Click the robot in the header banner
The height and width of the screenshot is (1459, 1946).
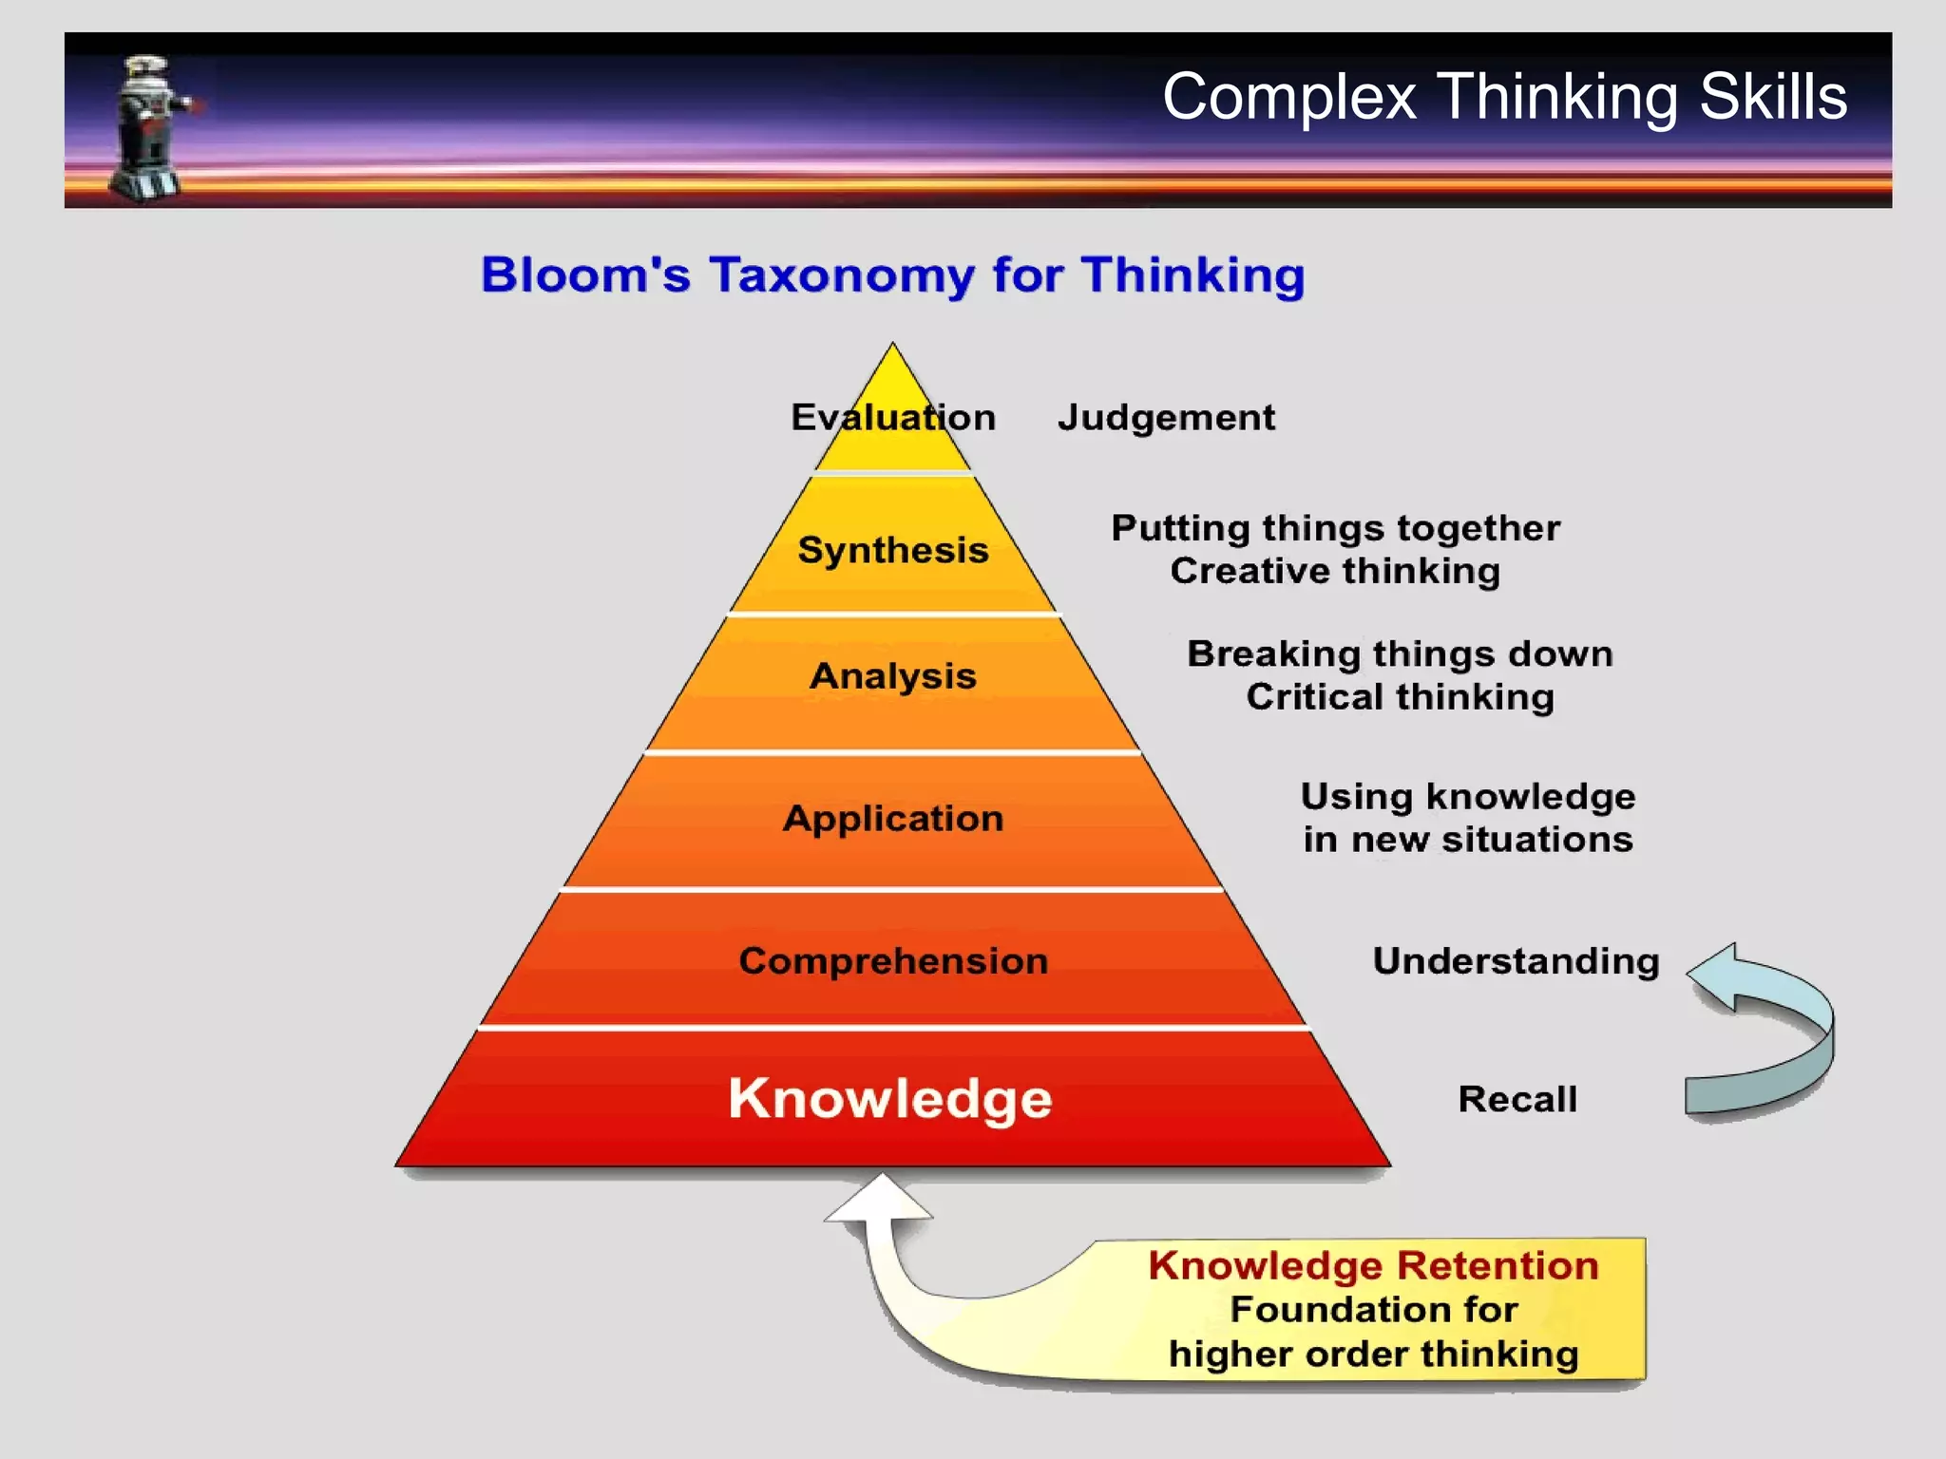coord(149,128)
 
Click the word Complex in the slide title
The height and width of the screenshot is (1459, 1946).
coord(1288,97)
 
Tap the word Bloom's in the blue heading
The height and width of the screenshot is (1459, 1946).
coord(585,275)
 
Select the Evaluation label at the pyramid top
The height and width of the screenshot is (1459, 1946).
coord(892,418)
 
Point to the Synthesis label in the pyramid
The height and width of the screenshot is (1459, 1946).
coord(893,550)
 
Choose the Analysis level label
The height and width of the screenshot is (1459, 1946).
coord(892,676)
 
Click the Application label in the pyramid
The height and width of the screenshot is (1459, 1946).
coord(892,819)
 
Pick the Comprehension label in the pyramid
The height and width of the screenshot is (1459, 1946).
coord(893,961)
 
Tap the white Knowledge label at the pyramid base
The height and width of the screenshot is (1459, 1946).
coord(890,1099)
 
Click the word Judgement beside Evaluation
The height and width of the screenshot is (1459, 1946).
coord(1166,418)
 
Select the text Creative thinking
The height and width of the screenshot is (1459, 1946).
coord(1335,571)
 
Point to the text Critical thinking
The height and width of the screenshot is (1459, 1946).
coord(1400,697)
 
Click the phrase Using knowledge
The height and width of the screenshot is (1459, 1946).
coord(1467,797)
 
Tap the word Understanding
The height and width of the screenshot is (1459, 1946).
coord(1516,961)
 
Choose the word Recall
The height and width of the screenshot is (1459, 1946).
coord(1517,1099)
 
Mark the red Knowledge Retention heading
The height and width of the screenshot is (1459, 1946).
coord(1373,1266)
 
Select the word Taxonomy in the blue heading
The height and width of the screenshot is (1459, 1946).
coord(842,275)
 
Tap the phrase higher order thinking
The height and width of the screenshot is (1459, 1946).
coord(1373,1354)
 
